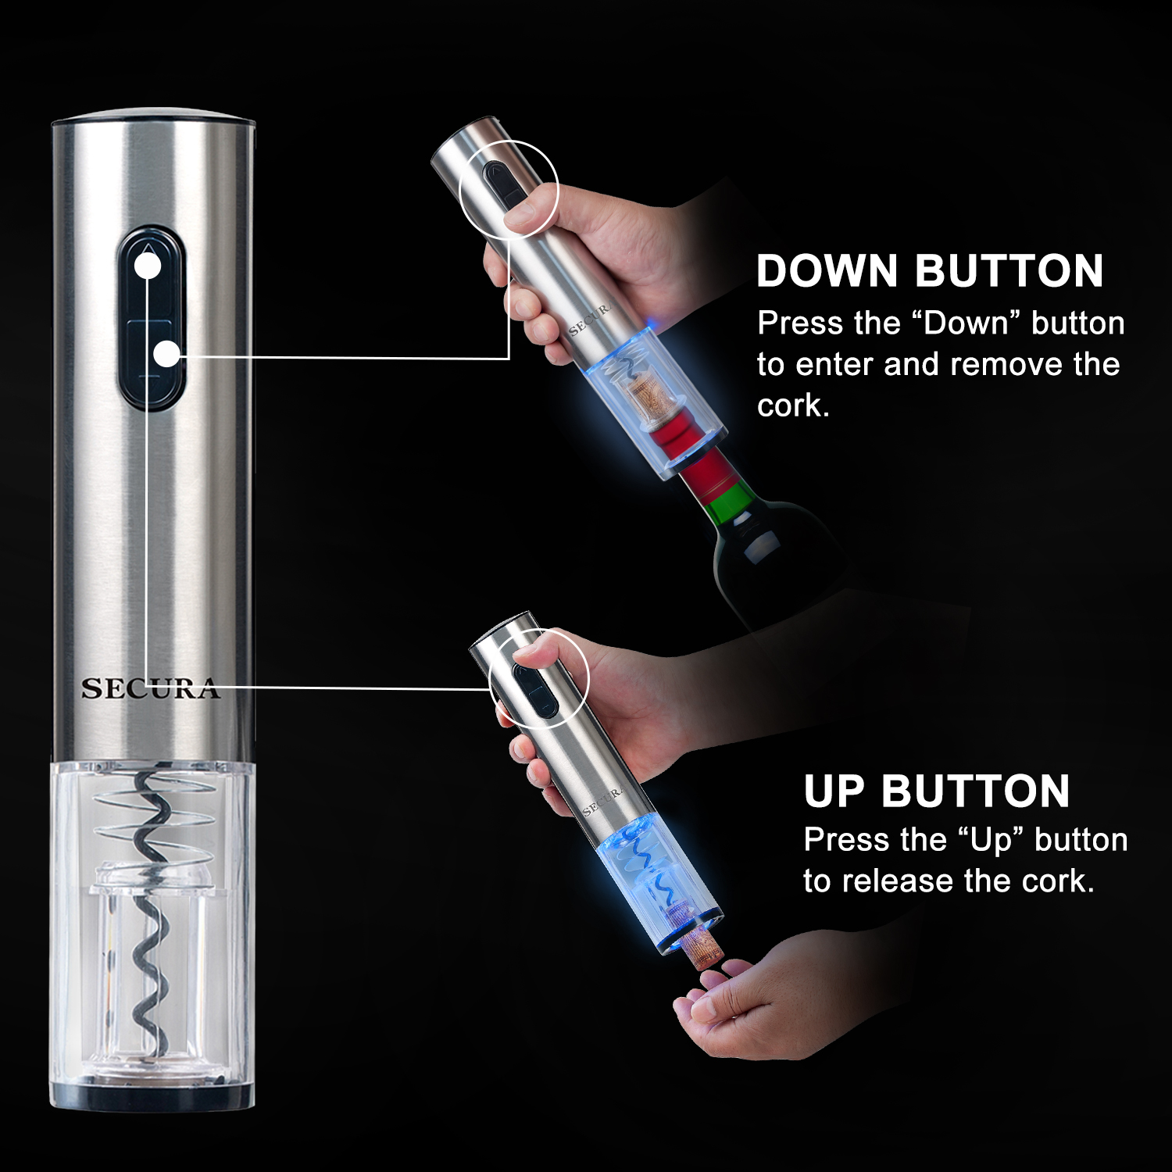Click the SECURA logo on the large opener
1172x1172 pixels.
(150, 688)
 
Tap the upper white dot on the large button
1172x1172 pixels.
(148, 266)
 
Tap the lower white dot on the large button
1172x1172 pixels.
(166, 354)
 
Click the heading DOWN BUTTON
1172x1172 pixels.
(930, 271)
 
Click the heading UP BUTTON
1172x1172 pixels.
(936, 791)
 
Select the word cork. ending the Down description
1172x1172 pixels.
(792, 406)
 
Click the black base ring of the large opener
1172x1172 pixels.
(152, 1095)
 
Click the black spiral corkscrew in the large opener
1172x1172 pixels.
(148, 922)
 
